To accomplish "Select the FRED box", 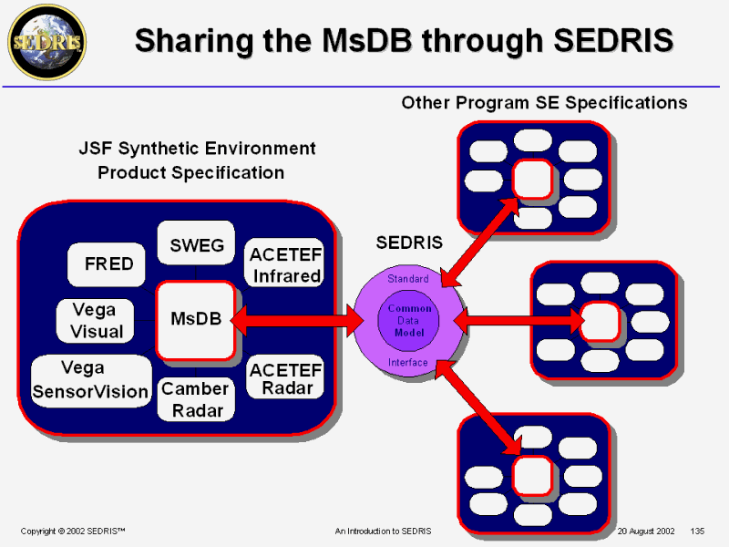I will coord(108,264).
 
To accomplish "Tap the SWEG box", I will coord(197,244).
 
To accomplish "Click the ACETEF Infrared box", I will coord(285,263).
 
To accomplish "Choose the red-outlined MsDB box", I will coord(196,319).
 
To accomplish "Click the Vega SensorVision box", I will coord(90,380).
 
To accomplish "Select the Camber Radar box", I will coord(194,399).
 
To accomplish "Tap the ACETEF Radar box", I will coord(285,378).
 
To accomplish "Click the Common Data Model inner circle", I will coord(409,320).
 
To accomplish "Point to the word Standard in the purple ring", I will coord(407,278).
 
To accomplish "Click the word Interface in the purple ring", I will coord(407,362).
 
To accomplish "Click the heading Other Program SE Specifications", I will coord(544,102).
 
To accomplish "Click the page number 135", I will coord(699,531).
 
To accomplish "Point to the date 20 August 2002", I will coord(646,531).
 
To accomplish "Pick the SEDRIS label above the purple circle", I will coord(409,243).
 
